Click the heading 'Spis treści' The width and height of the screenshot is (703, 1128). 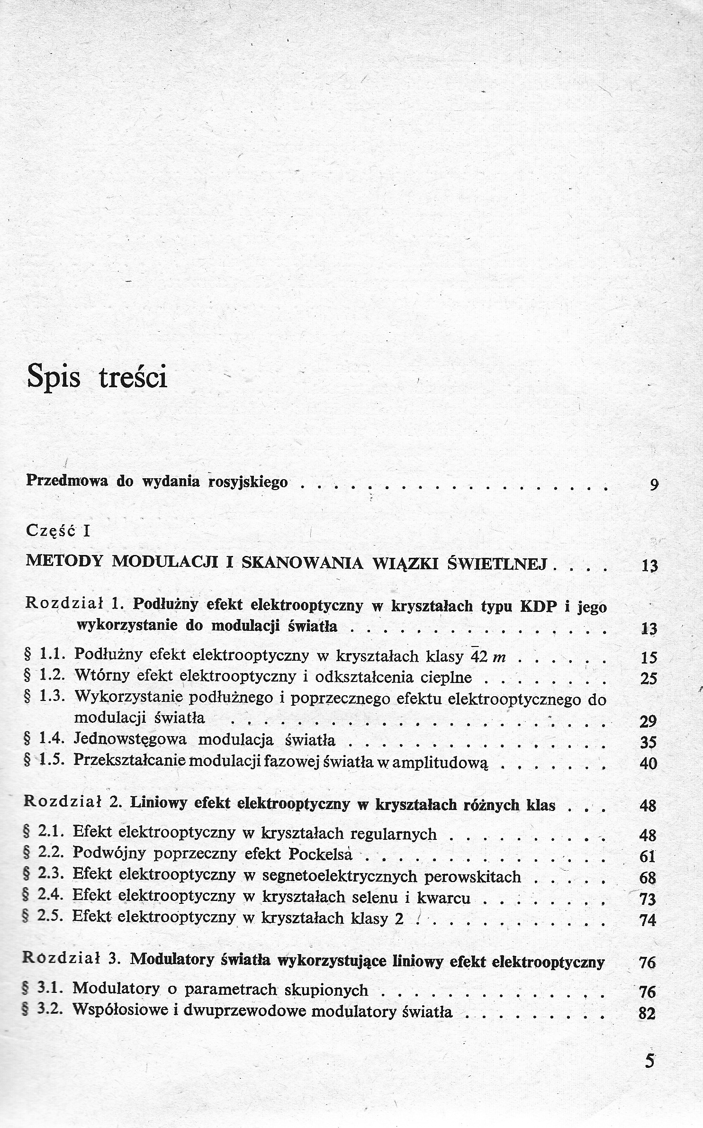click(97, 378)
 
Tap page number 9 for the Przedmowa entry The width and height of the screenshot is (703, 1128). click(654, 485)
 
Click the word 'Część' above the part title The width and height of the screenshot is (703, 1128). click(51, 531)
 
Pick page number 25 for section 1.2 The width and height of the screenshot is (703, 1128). click(649, 679)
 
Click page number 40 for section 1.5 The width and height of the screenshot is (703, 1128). click(649, 764)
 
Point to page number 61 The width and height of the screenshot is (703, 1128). click(648, 856)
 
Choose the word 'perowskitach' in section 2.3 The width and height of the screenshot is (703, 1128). click(473, 876)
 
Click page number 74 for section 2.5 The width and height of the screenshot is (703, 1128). click(648, 920)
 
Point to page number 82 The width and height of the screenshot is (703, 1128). click(647, 1012)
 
